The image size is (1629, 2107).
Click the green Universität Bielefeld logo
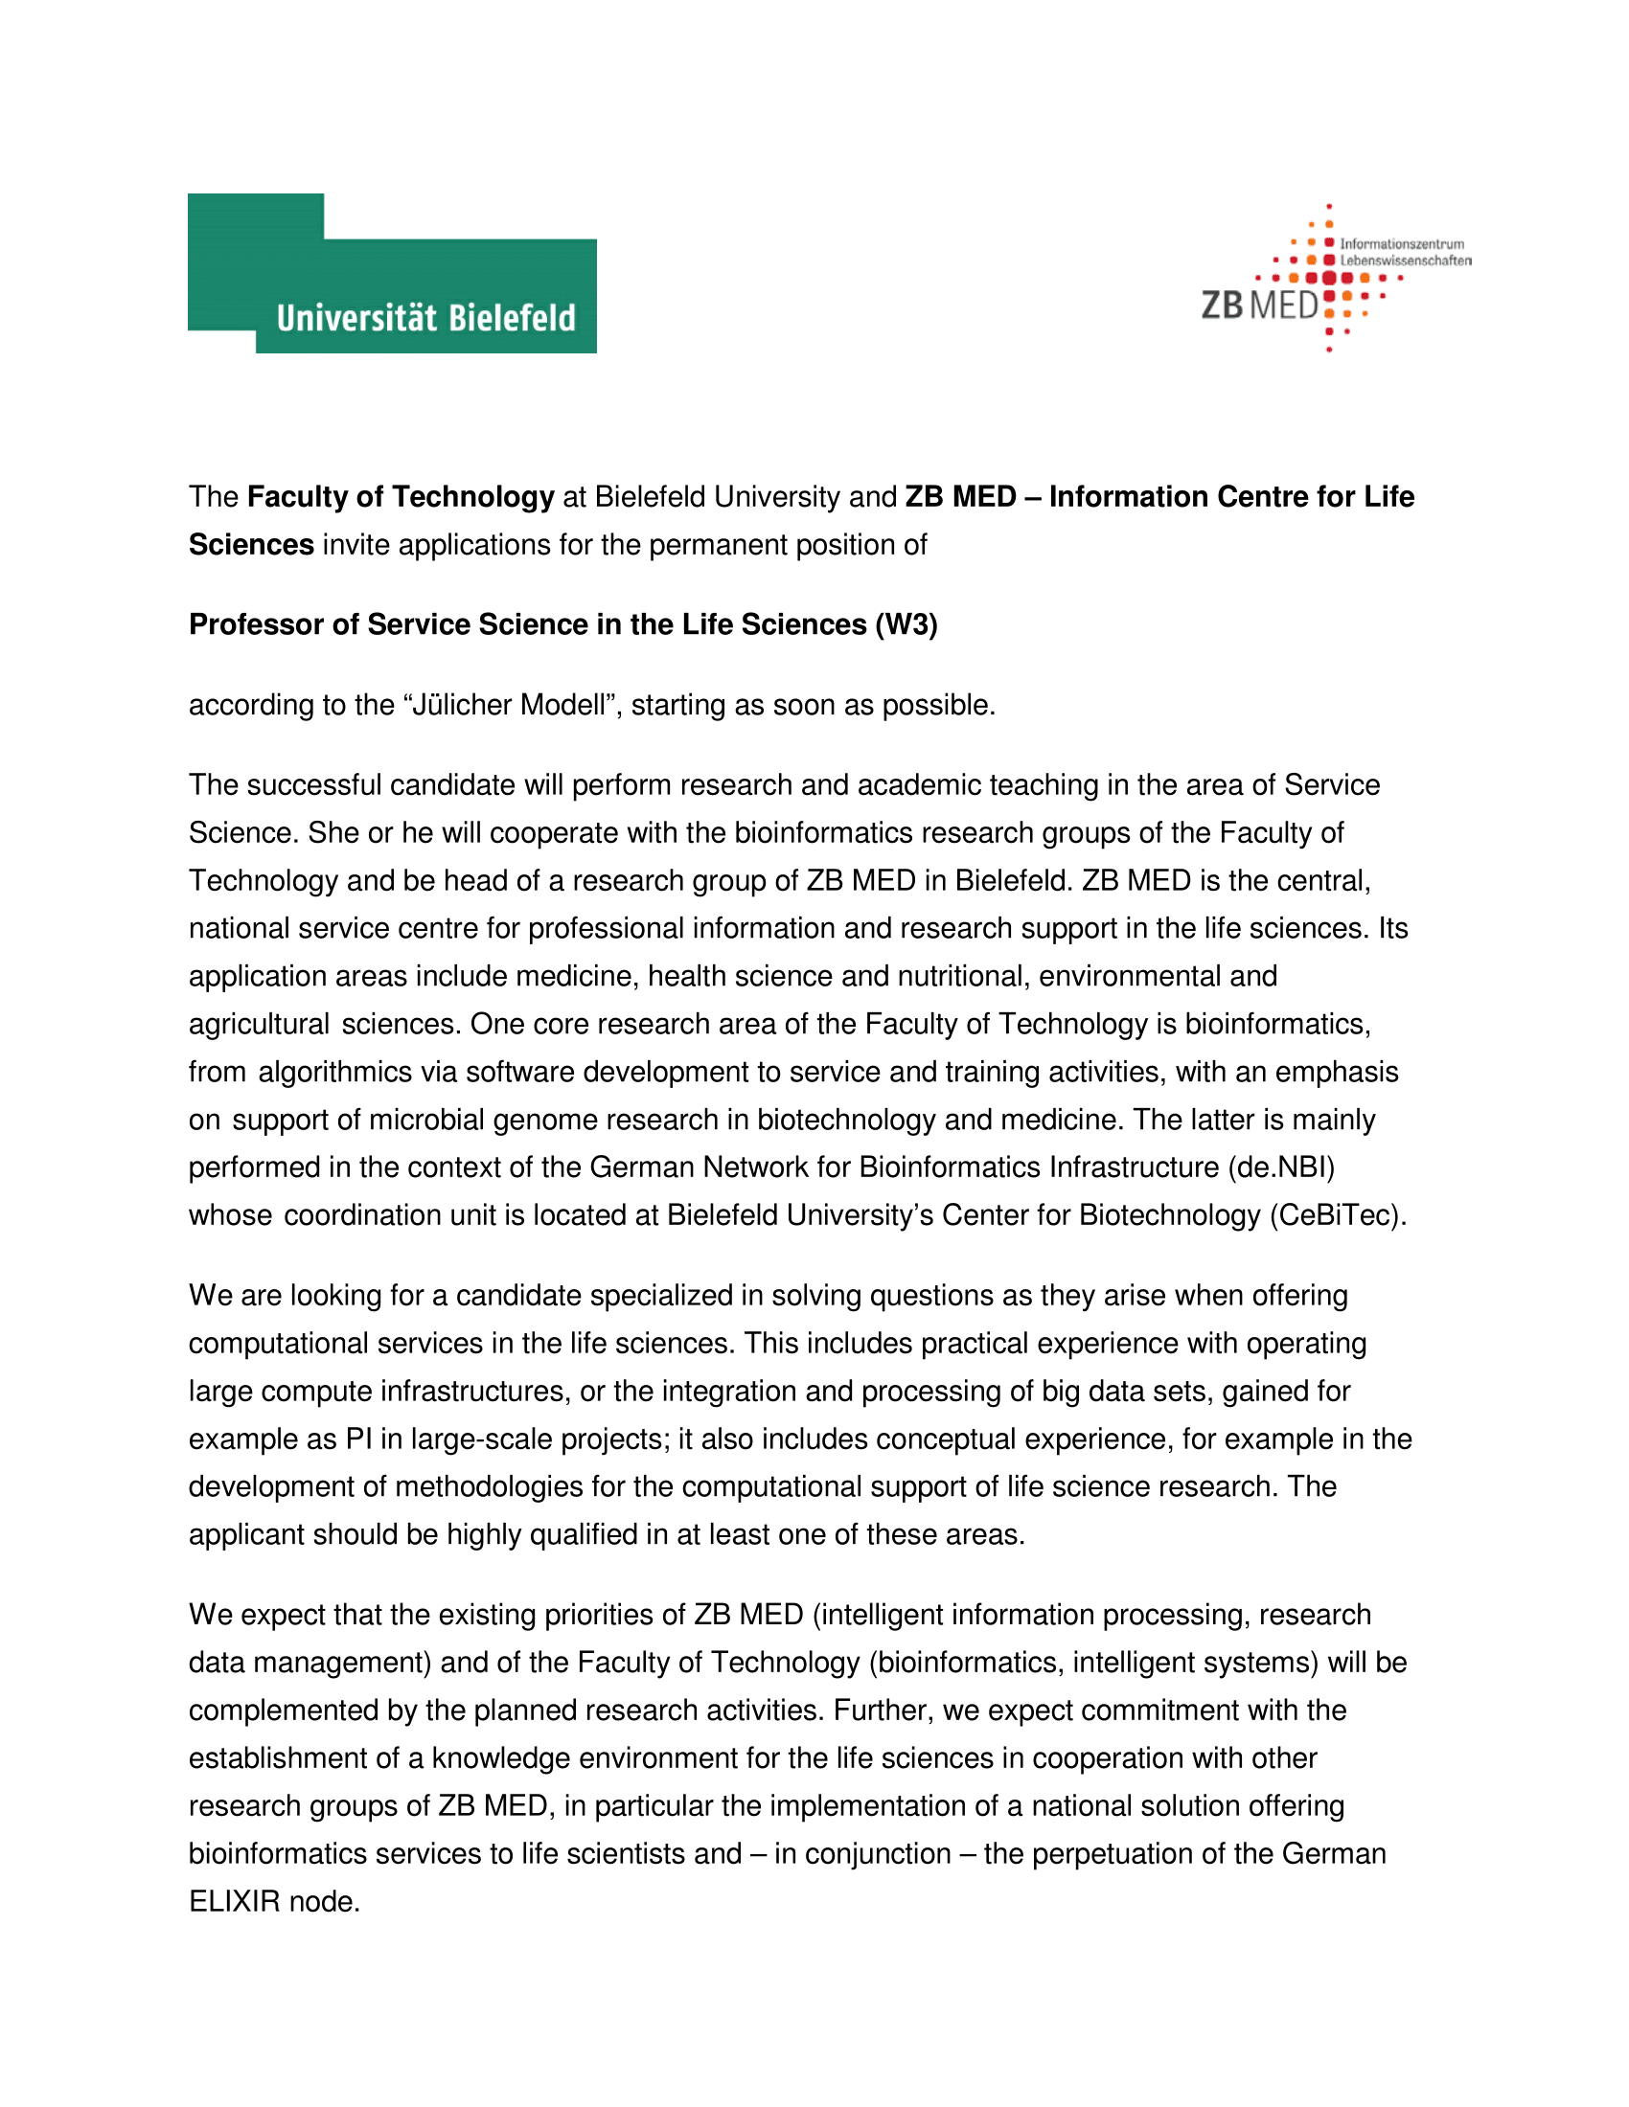[x=392, y=274]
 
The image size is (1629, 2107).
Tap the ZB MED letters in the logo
[x=1258, y=305]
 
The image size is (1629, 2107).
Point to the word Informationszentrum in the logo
[x=1401, y=244]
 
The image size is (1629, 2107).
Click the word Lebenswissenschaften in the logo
[x=1405, y=261]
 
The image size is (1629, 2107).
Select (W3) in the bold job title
[x=906, y=625]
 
